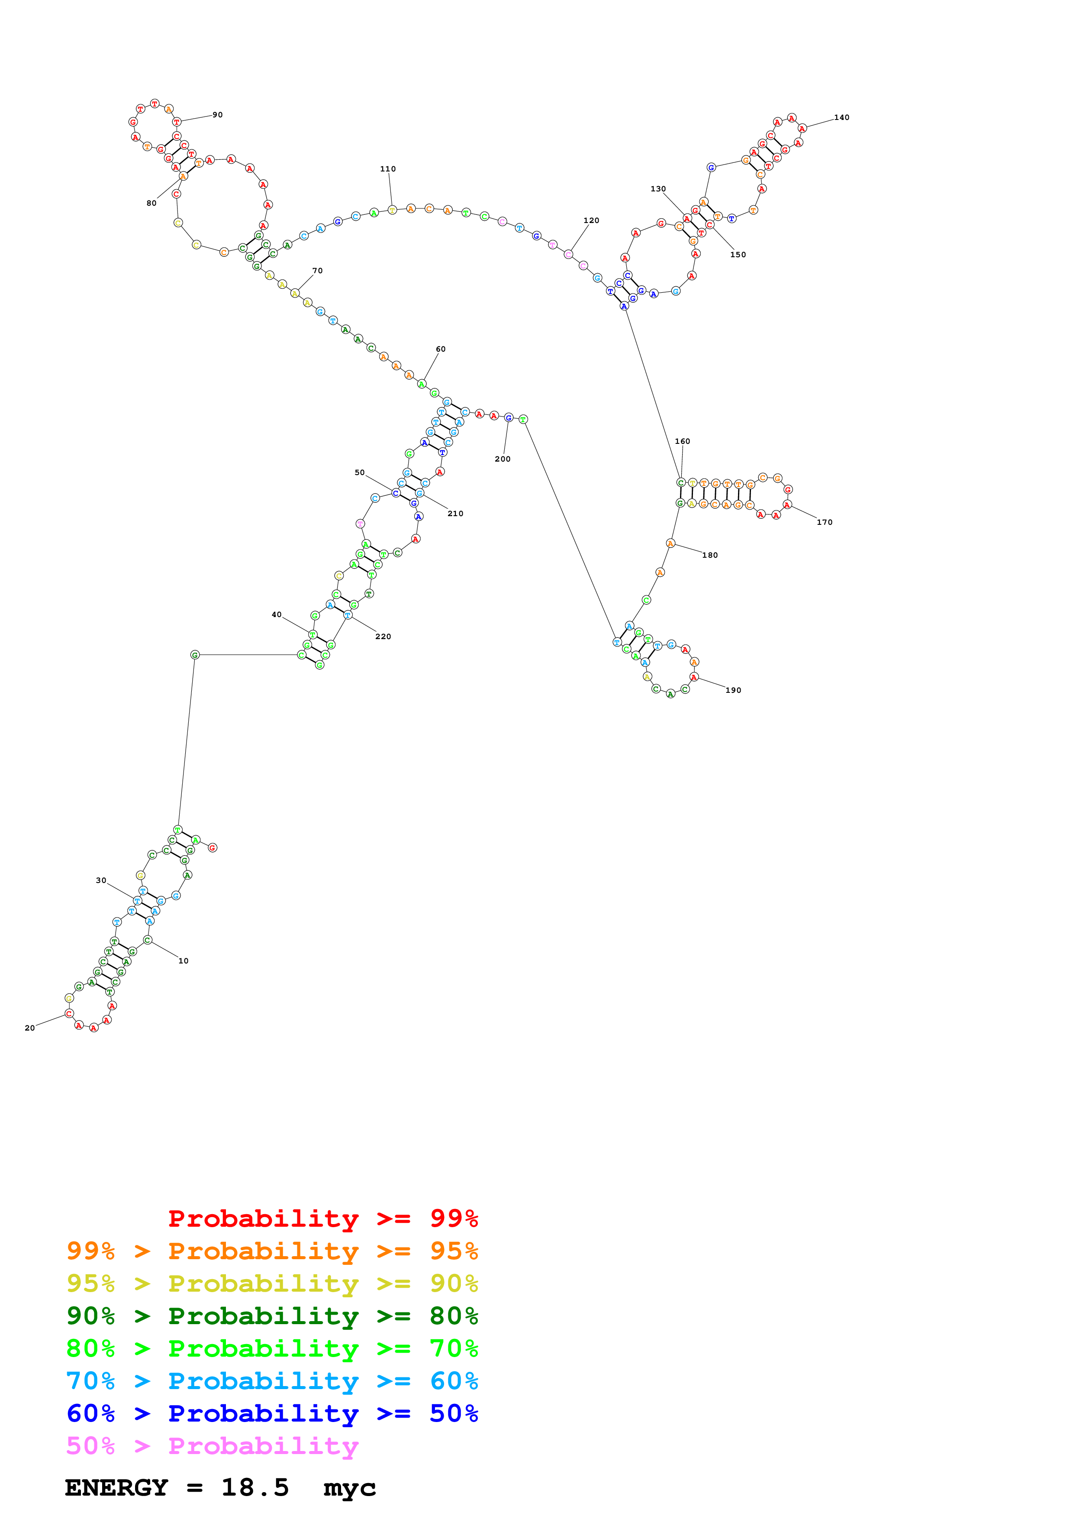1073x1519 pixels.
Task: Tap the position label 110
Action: pos(388,169)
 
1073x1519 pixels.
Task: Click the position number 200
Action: pos(503,459)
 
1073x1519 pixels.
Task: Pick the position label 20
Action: pos(30,1028)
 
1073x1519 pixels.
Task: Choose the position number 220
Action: pos(383,637)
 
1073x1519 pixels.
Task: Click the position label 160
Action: pos(682,441)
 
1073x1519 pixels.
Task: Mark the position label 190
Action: pos(733,691)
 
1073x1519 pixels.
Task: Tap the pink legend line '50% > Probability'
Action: pos(212,1446)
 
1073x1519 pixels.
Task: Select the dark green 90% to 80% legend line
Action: pos(272,1316)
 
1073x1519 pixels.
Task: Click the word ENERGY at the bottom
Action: pos(116,1488)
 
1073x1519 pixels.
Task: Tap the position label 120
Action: pos(591,221)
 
